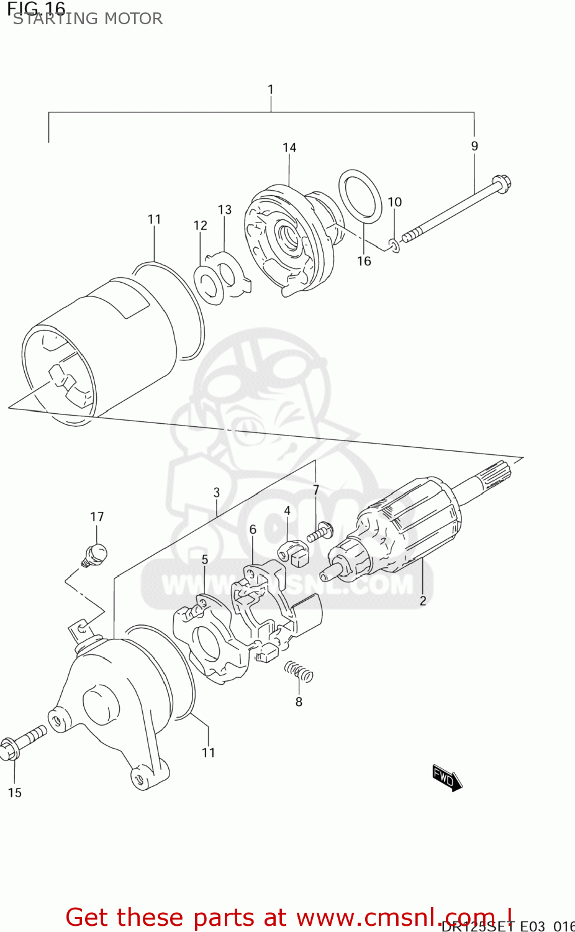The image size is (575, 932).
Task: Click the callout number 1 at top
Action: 270,89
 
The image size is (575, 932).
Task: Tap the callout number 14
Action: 289,147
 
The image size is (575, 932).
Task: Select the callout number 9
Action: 474,146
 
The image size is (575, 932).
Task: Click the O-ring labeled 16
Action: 360,196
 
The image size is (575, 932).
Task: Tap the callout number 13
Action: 224,209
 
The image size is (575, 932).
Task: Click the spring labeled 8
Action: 299,671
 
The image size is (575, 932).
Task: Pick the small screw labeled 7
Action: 320,532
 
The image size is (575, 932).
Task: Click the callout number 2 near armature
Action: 423,600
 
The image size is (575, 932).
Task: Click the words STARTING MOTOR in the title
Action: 88,19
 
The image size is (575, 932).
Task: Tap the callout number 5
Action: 205,559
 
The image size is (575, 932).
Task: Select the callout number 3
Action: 216,492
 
